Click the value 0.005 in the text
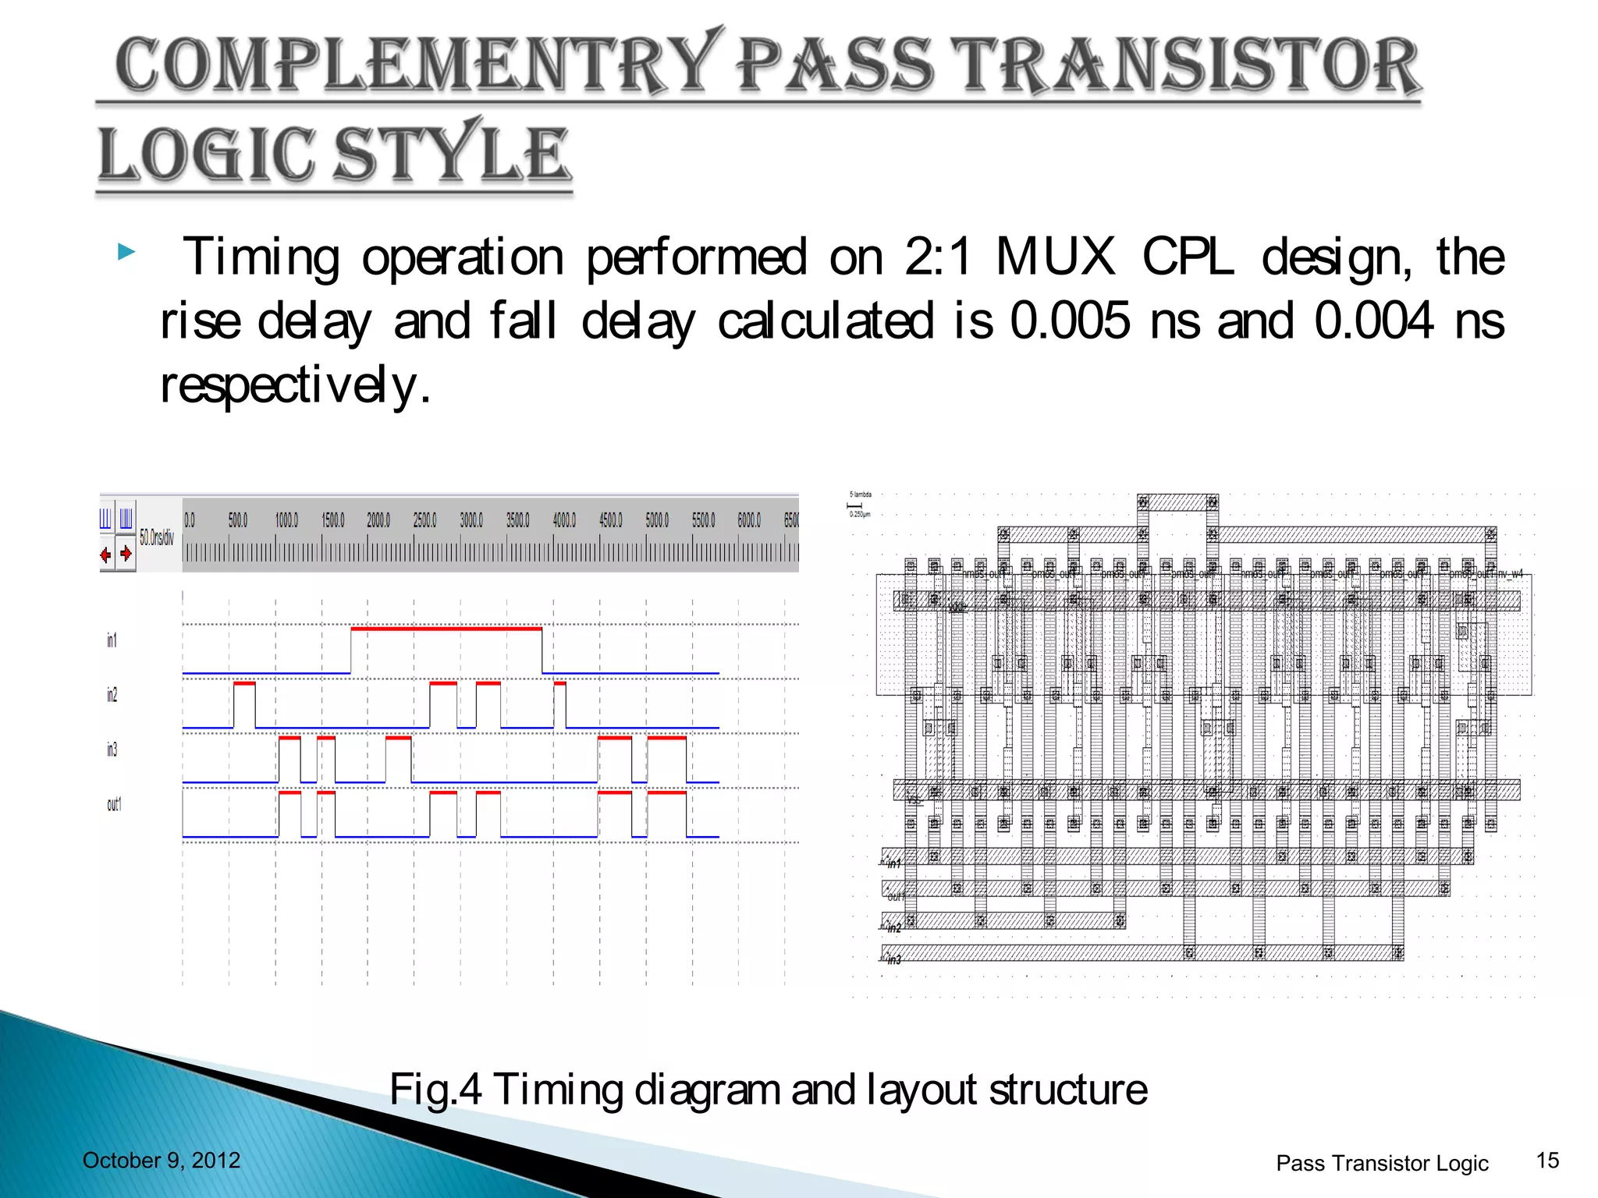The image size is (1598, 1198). [x=1069, y=321]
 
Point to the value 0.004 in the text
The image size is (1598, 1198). [x=1373, y=321]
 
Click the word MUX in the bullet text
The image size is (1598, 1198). [x=1056, y=257]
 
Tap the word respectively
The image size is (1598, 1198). [x=295, y=385]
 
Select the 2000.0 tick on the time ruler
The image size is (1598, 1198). [x=378, y=520]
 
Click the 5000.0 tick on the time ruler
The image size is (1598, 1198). [x=657, y=520]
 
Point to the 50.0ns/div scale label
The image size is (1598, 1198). [x=157, y=537]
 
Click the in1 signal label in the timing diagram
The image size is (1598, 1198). [x=112, y=640]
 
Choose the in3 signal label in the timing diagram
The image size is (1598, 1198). [x=112, y=750]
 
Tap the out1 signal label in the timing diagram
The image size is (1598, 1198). [x=114, y=804]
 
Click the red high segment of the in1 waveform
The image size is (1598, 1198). [x=446, y=628]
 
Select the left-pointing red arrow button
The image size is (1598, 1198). [x=106, y=555]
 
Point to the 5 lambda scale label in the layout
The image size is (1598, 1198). [x=861, y=494]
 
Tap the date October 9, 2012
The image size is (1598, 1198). [x=162, y=1161]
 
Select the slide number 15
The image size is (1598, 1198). [x=1547, y=1161]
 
